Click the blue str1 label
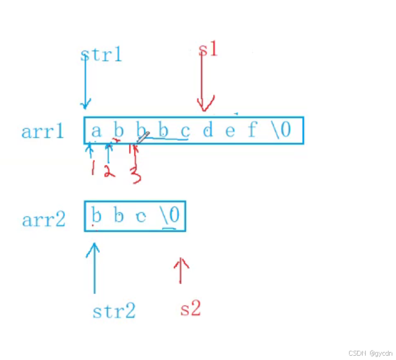click(x=101, y=54)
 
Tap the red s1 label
click(x=208, y=49)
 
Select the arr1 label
click(x=43, y=131)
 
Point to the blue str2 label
click(x=114, y=310)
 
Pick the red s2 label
click(x=191, y=308)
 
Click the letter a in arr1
click(x=96, y=131)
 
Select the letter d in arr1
click(x=208, y=131)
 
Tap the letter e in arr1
click(x=230, y=131)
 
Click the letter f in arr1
click(x=252, y=130)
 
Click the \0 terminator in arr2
click(x=170, y=216)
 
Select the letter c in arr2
click(x=141, y=217)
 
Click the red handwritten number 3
click(x=136, y=175)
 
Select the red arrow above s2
click(x=180, y=271)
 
